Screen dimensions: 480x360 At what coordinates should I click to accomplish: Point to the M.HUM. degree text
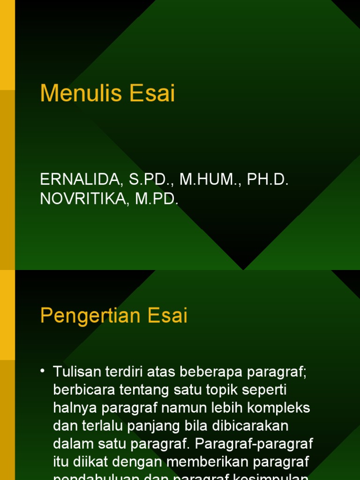click(204, 179)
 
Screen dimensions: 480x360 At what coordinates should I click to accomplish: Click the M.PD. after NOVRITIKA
click(156, 198)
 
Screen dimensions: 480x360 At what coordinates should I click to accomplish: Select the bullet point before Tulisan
click(43, 371)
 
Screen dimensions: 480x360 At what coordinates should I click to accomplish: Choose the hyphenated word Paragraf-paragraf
click(254, 443)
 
